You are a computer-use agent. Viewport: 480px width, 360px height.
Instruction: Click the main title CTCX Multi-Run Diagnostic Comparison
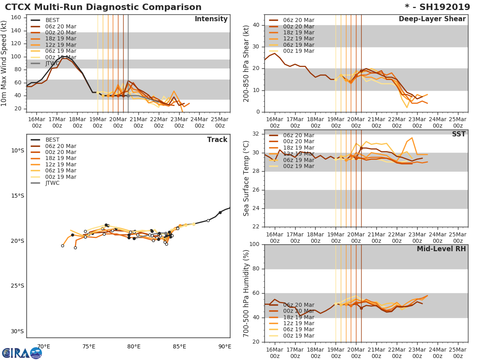pos(103,7)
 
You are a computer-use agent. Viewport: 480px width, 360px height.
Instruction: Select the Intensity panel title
pos(211,19)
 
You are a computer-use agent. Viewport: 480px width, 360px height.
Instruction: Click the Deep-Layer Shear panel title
pos(432,19)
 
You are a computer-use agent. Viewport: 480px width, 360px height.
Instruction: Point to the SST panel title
pos(458,134)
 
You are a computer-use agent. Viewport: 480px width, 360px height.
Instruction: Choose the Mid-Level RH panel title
pos(441,249)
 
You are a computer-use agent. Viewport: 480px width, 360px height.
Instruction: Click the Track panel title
pos(217,140)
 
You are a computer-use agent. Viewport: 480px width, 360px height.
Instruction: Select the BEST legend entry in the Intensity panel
pos(52,20)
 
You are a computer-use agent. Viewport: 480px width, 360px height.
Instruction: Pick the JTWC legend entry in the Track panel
pos(52,183)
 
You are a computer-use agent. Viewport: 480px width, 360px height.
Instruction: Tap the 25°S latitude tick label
pos(17,286)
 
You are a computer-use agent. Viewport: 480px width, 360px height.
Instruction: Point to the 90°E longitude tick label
pos(225,346)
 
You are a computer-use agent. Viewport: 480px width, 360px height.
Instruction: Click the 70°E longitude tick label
pos(44,346)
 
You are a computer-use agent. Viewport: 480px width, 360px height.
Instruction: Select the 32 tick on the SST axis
pos(256,134)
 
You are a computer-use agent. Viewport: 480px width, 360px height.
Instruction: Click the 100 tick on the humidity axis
pos(254,244)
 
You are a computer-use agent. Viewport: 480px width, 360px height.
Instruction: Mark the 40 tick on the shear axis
pos(256,25)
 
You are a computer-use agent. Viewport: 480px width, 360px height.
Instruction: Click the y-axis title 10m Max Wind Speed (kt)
pos(4,64)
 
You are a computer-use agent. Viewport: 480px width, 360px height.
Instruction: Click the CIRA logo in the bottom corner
pos(22,353)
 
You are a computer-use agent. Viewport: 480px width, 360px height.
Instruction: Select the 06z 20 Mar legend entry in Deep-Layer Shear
pos(298,20)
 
